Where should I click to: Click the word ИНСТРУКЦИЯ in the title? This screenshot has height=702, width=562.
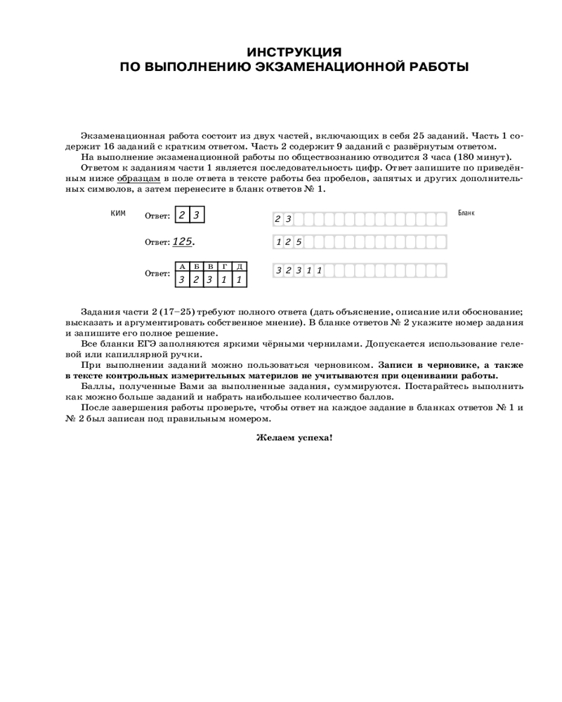[295, 53]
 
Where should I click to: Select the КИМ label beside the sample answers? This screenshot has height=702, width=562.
[118, 213]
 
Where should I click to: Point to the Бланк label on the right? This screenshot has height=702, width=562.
[466, 213]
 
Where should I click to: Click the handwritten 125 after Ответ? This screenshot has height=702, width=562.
[183, 241]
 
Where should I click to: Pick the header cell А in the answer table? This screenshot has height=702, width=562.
[183, 267]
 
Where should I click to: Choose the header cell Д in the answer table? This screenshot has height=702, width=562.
[240, 267]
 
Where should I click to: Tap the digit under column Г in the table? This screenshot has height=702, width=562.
[225, 279]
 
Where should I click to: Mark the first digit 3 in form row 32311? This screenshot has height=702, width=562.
[278, 270]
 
